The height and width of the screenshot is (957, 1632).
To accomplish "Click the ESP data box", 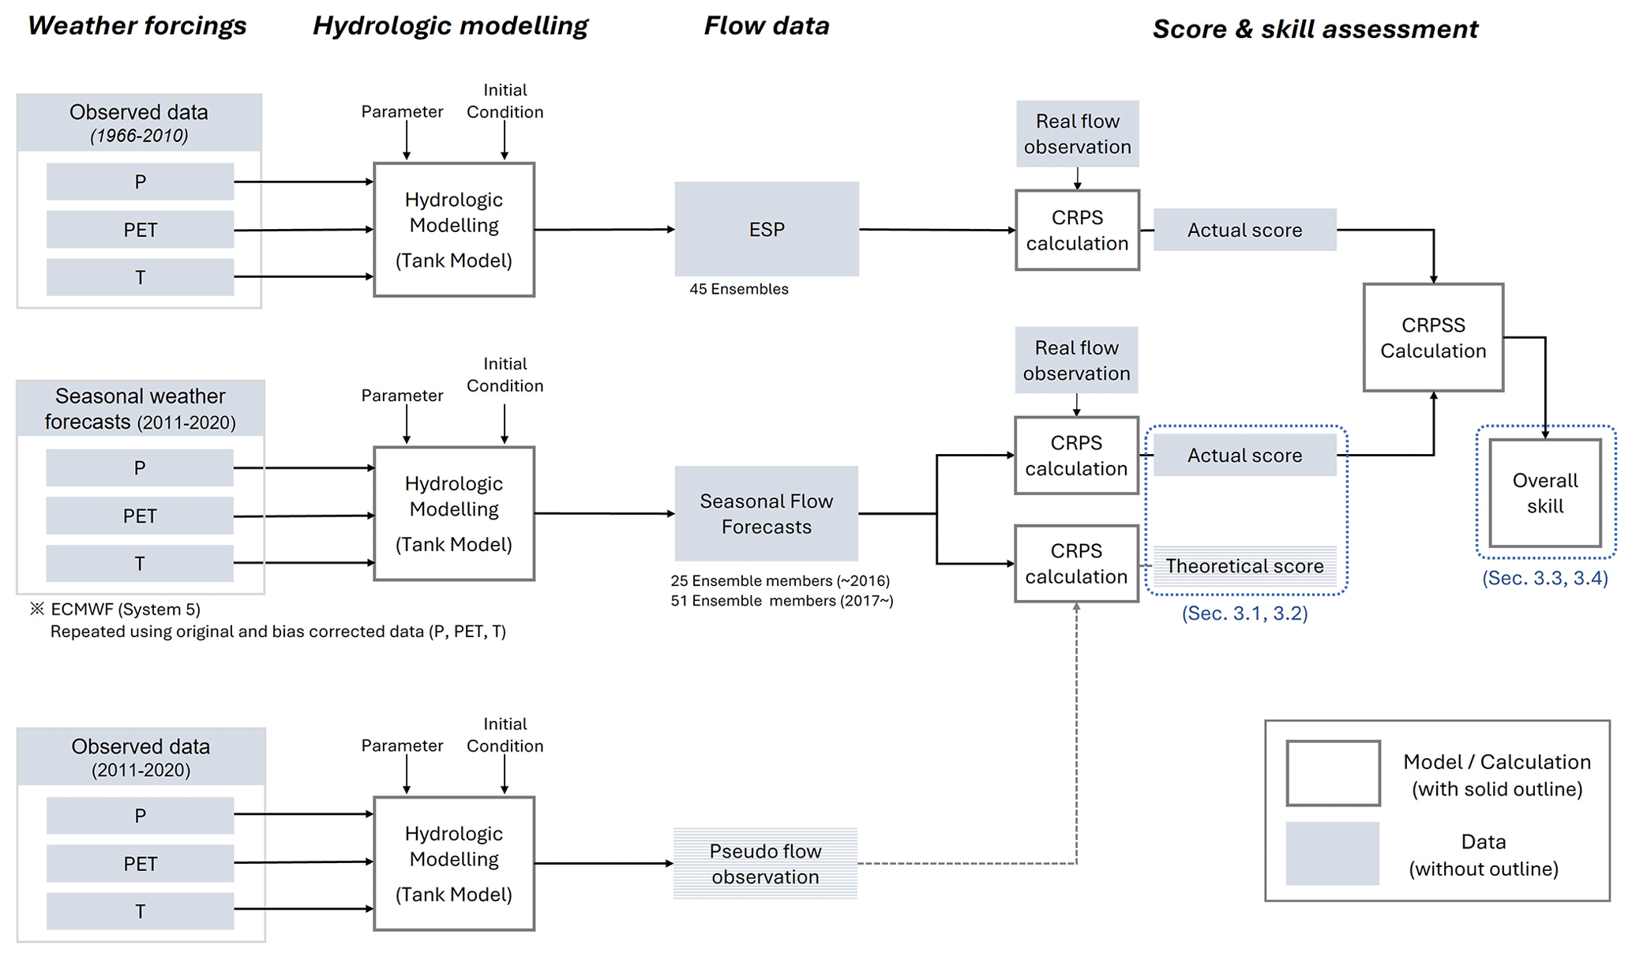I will click(x=766, y=229).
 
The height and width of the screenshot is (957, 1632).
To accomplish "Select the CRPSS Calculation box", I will click(x=1432, y=337).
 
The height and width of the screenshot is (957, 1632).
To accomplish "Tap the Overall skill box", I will click(x=1544, y=493).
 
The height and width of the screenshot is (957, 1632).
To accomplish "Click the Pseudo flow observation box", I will click(x=765, y=863).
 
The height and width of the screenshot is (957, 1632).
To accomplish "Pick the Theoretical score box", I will click(x=1244, y=566).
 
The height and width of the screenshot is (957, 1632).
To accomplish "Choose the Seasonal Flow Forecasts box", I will click(x=766, y=513).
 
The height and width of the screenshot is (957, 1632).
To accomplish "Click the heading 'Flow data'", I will click(x=766, y=26).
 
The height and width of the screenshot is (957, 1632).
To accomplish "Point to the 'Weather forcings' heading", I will click(x=137, y=26).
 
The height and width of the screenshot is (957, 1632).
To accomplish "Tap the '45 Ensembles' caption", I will click(x=738, y=289).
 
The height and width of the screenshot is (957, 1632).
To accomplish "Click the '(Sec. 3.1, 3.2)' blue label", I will click(x=1244, y=614).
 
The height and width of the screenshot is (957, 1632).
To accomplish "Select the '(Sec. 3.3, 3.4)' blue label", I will click(x=1544, y=578).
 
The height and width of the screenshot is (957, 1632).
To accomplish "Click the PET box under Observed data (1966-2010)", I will click(x=140, y=230).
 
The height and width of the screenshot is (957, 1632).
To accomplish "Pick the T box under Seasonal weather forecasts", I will click(x=140, y=564).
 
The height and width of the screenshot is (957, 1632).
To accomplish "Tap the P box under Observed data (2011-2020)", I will click(x=140, y=816).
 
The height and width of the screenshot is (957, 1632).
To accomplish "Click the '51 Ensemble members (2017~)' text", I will click(x=782, y=601).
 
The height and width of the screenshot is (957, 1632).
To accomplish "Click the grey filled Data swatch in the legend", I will click(x=1332, y=853).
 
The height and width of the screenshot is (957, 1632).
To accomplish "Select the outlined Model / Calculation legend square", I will click(x=1333, y=772).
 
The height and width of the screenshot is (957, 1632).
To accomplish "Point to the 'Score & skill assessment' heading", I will click(x=1315, y=29).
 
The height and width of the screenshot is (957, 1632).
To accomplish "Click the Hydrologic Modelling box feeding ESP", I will click(x=454, y=230).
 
